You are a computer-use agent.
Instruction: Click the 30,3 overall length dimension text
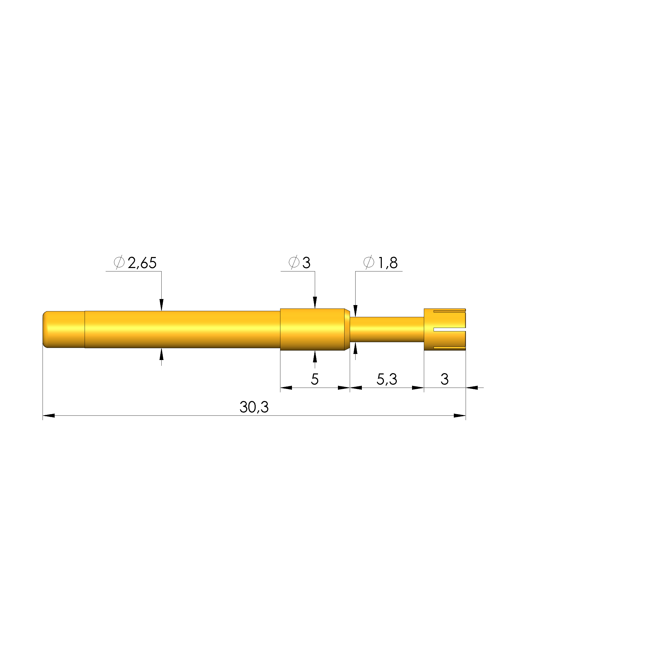click(x=254, y=407)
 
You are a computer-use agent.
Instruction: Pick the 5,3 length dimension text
click(x=387, y=379)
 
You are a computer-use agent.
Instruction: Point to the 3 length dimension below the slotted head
click(x=444, y=379)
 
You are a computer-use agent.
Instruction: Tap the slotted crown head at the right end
click(x=444, y=329)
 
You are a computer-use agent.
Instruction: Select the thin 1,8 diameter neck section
click(x=387, y=329)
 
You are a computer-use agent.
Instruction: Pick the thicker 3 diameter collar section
click(x=312, y=329)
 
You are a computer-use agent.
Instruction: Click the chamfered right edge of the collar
click(x=347, y=329)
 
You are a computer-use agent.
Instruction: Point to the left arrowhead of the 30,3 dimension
click(x=49, y=415)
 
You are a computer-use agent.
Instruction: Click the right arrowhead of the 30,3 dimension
click(x=460, y=415)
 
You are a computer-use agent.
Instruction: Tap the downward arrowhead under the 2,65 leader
click(x=161, y=305)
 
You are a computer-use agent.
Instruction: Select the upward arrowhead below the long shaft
click(x=161, y=354)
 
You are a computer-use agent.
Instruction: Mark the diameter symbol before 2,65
click(x=119, y=263)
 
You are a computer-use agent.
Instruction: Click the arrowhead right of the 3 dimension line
click(x=472, y=388)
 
